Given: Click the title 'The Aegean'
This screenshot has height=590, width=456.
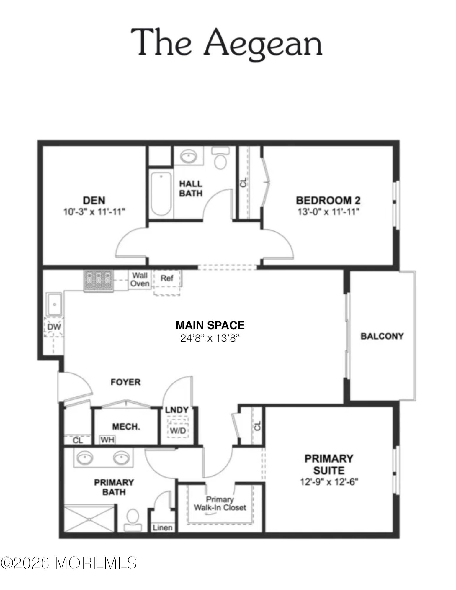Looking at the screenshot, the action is [227, 43].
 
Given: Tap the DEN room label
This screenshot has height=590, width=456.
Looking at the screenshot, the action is [94, 200].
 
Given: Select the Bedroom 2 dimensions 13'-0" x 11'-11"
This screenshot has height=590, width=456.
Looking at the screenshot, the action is [328, 212].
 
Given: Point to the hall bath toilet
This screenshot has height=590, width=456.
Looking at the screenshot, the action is [220, 158].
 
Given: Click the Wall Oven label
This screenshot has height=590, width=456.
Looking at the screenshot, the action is [140, 279].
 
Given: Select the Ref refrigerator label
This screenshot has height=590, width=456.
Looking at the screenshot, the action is [167, 278].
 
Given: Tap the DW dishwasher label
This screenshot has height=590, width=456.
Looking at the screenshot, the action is [54, 327].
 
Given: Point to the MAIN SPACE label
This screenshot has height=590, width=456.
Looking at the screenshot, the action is [210, 325].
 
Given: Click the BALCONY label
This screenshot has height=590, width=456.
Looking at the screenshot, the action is [382, 336].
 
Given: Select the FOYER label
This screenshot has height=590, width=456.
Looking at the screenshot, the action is [125, 382].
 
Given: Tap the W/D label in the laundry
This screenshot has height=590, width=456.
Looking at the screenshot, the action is [178, 431].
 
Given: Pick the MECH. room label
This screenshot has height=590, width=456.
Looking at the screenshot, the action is [126, 427].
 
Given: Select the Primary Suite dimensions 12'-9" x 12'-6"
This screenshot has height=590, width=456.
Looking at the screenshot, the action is [329, 482].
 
